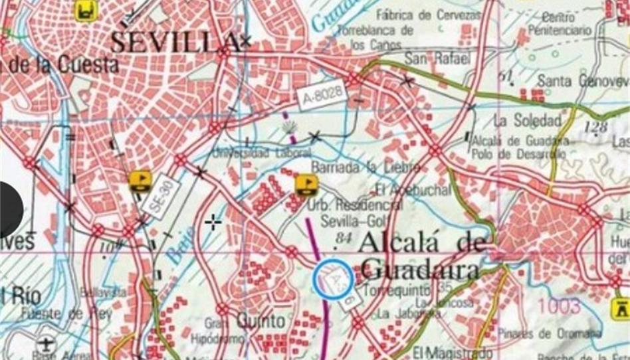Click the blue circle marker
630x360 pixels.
(x=333, y=277)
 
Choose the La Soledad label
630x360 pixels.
(x=528, y=121)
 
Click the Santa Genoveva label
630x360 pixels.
(x=583, y=80)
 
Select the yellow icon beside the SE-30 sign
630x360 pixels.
(x=140, y=181)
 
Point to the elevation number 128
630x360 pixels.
(x=596, y=127)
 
